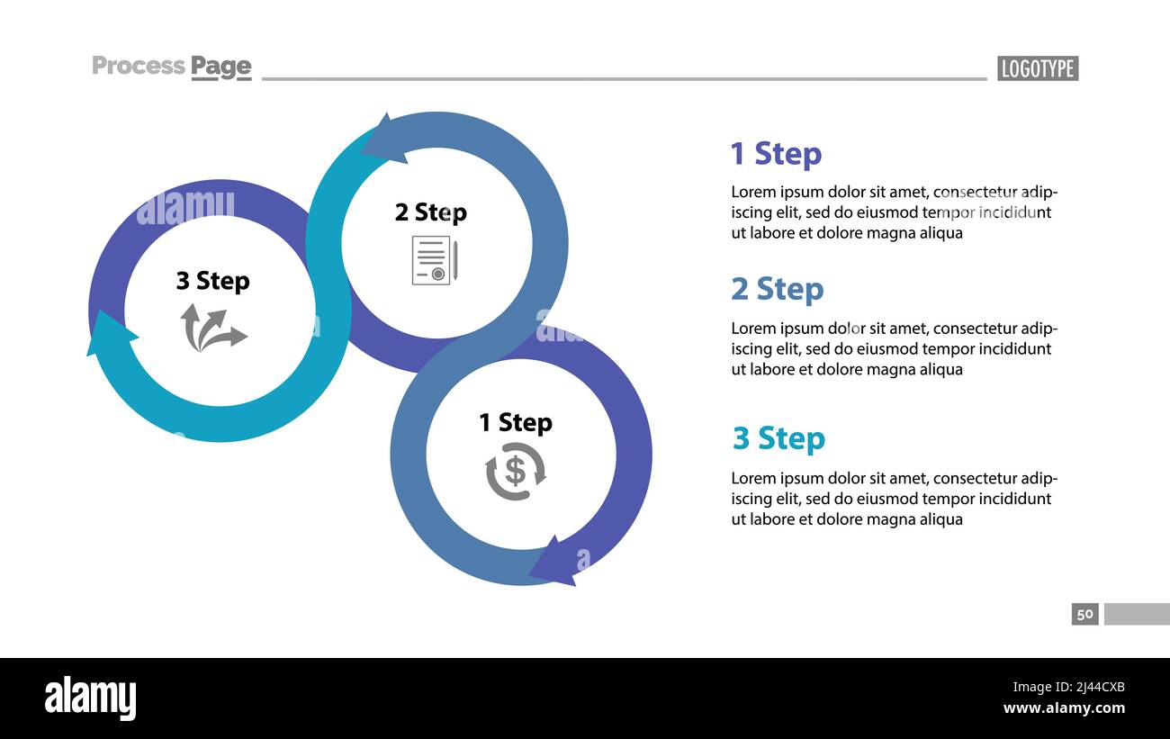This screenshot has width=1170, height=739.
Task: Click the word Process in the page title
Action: (x=139, y=66)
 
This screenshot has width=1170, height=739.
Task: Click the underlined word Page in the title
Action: (x=221, y=67)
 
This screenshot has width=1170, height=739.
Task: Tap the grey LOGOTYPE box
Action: (x=1038, y=68)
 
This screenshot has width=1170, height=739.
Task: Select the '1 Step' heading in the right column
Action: (x=776, y=154)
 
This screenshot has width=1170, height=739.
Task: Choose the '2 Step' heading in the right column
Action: (x=777, y=289)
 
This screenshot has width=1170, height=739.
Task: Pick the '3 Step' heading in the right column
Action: (x=778, y=438)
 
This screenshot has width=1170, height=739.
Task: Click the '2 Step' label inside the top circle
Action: (x=430, y=212)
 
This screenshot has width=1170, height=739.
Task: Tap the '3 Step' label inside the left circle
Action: (x=212, y=281)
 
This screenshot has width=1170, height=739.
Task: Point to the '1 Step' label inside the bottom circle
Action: (x=515, y=422)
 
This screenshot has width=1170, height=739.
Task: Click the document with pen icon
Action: (x=435, y=260)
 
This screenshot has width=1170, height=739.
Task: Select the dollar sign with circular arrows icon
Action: (x=515, y=472)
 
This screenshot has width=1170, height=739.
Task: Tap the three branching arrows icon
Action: (x=212, y=328)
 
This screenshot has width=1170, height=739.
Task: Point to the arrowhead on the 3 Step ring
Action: (x=107, y=334)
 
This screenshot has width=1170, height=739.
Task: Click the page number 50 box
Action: (x=1084, y=614)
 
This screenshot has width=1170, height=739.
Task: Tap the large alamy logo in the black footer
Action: (x=90, y=698)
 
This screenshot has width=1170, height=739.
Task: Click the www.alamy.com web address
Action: (x=1064, y=708)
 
